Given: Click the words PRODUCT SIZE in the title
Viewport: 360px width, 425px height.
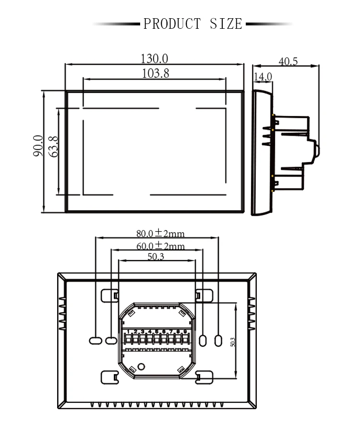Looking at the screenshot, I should [x=193, y=24].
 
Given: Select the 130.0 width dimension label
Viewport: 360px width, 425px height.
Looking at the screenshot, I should [x=154, y=59].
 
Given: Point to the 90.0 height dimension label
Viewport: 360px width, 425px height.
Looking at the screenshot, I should [x=38, y=146].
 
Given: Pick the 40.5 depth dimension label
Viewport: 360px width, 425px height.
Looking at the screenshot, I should [x=288, y=61].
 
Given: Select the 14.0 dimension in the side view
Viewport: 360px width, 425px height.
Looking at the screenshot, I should [x=263, y=76].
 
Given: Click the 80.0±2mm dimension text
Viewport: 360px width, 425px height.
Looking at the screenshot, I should [x=160, y=234].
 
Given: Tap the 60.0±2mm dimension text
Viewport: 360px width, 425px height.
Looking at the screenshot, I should [x=160, y=246].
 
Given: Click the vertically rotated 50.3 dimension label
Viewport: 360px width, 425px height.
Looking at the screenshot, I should [x=232, y=341].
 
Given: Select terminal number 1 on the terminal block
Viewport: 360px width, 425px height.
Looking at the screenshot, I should [x=129, y=331].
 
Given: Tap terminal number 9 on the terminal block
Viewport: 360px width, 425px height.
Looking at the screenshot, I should [x=185, y=331].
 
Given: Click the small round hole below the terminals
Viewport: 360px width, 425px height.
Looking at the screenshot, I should [x=141, y=367].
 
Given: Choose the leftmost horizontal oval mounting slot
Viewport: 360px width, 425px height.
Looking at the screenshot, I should [x=95, y=340].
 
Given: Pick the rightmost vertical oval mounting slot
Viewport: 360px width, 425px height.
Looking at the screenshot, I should [x=218, y=340].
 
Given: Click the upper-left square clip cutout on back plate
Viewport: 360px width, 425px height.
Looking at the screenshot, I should [x=109, y=295].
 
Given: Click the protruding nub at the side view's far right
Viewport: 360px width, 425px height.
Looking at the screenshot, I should [x=317, y=148].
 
